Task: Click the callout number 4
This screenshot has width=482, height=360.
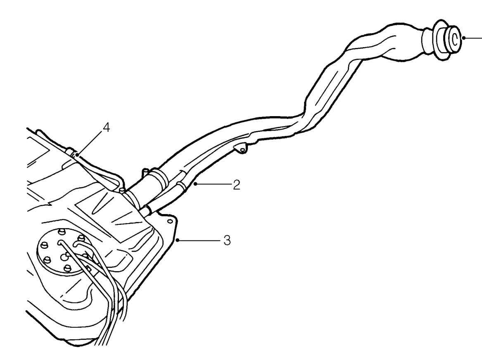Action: click(106, 127)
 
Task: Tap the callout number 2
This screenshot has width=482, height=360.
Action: click(236, 185)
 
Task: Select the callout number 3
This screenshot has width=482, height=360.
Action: click(227, 240)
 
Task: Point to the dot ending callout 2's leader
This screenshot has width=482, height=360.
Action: click(195, 184)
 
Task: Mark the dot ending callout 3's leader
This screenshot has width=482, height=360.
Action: click(177, 240)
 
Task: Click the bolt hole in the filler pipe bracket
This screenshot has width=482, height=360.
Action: click(242, 150)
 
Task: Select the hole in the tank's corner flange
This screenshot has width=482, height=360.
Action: click(169, 221)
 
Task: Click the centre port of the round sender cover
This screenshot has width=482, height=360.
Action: click(64, 255)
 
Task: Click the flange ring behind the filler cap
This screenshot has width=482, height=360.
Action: click(438, 41)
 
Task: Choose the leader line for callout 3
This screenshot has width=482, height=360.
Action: click(199, 240)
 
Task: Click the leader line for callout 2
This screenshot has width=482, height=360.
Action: click(213, 184)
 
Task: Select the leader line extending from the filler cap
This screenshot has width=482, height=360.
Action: click(473, 38)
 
